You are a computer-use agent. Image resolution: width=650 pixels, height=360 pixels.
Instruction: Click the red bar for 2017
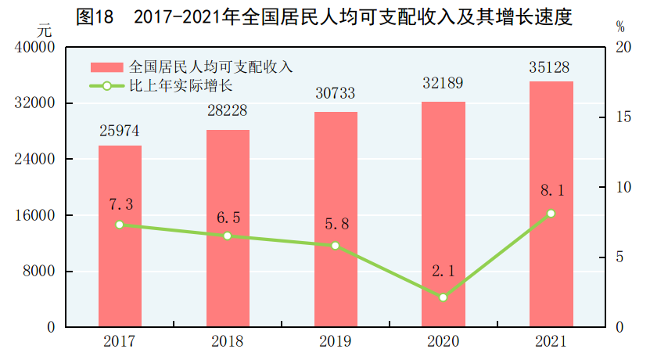tap(120, 236)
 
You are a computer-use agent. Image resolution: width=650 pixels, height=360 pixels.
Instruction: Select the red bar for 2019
tap(336, 219)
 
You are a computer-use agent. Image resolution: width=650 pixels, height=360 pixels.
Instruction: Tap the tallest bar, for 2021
tap(551, 203)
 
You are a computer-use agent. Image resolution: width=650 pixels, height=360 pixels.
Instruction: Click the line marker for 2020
tap(444, 297)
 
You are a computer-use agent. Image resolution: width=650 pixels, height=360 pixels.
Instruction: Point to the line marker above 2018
tap(228, 236)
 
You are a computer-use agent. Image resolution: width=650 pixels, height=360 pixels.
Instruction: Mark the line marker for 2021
tap(551, 213)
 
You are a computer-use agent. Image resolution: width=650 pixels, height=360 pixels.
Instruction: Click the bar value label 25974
tap(120, 131)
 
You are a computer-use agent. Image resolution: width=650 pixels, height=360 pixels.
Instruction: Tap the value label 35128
tap(551, 66)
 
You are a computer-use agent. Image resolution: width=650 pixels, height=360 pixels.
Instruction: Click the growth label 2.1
tap(444, 272)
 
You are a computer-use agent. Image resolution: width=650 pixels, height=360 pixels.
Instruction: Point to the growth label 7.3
tap(120, 204)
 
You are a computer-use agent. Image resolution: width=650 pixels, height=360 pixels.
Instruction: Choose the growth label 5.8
tap(336, 225)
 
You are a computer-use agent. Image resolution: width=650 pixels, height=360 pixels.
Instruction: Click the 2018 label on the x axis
tap(228, 342)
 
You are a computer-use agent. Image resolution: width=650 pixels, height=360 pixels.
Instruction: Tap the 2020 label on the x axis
tap(444, 342)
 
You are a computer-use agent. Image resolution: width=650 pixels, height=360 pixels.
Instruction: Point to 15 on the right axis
tap(623, 117)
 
